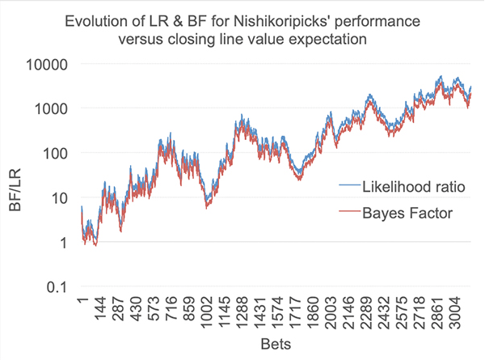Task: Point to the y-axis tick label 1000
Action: [54, 108]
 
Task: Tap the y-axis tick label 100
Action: [58, 153]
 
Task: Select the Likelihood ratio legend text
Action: [401, 187]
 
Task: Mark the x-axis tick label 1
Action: [84, 304]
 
